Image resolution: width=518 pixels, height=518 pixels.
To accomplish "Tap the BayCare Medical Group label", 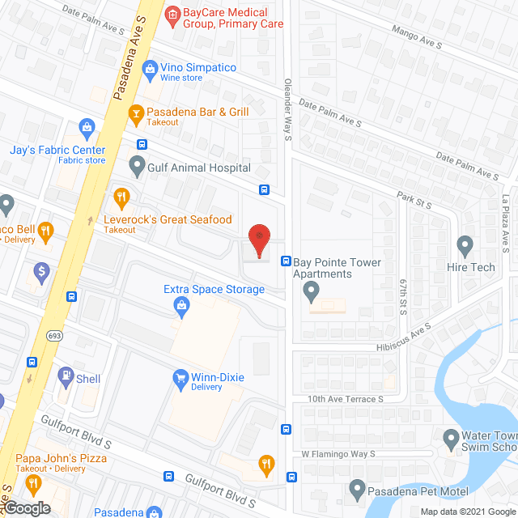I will [x=223, y=18].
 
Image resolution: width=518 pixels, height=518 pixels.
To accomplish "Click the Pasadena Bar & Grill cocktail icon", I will [x=136, y=113].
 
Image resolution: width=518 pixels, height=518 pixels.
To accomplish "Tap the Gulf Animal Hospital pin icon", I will [x=136, y=168].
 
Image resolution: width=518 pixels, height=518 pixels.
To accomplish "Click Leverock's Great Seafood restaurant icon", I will [x=122, y=196].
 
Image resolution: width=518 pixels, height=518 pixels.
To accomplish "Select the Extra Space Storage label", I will [x=214, y=289].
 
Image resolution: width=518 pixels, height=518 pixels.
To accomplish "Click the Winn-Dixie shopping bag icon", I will [x=180, y=377].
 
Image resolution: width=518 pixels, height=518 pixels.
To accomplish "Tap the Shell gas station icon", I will [x=62, y=379].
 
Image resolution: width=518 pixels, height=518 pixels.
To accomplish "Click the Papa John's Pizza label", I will [x=61, y=458].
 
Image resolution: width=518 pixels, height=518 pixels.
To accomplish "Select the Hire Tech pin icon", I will [x=465, y=244].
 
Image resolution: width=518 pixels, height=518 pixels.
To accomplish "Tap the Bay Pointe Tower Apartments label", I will [x=333, y=268].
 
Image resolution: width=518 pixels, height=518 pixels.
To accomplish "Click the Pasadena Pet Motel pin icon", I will [x=356, y=489].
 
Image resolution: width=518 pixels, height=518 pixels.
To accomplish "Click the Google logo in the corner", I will [x=26, y=508].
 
